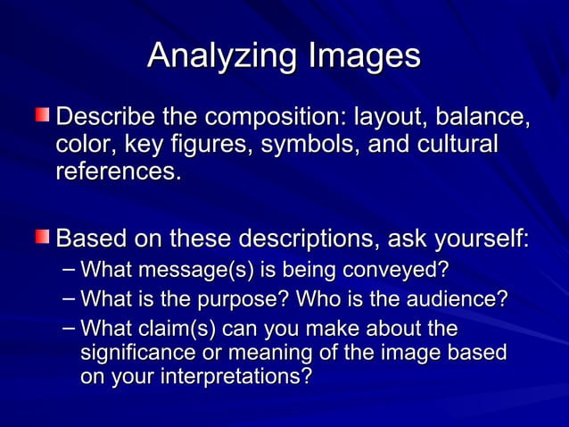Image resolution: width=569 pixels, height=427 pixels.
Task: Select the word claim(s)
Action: (188, 327)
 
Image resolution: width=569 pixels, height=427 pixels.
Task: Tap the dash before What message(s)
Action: (69, 268)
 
